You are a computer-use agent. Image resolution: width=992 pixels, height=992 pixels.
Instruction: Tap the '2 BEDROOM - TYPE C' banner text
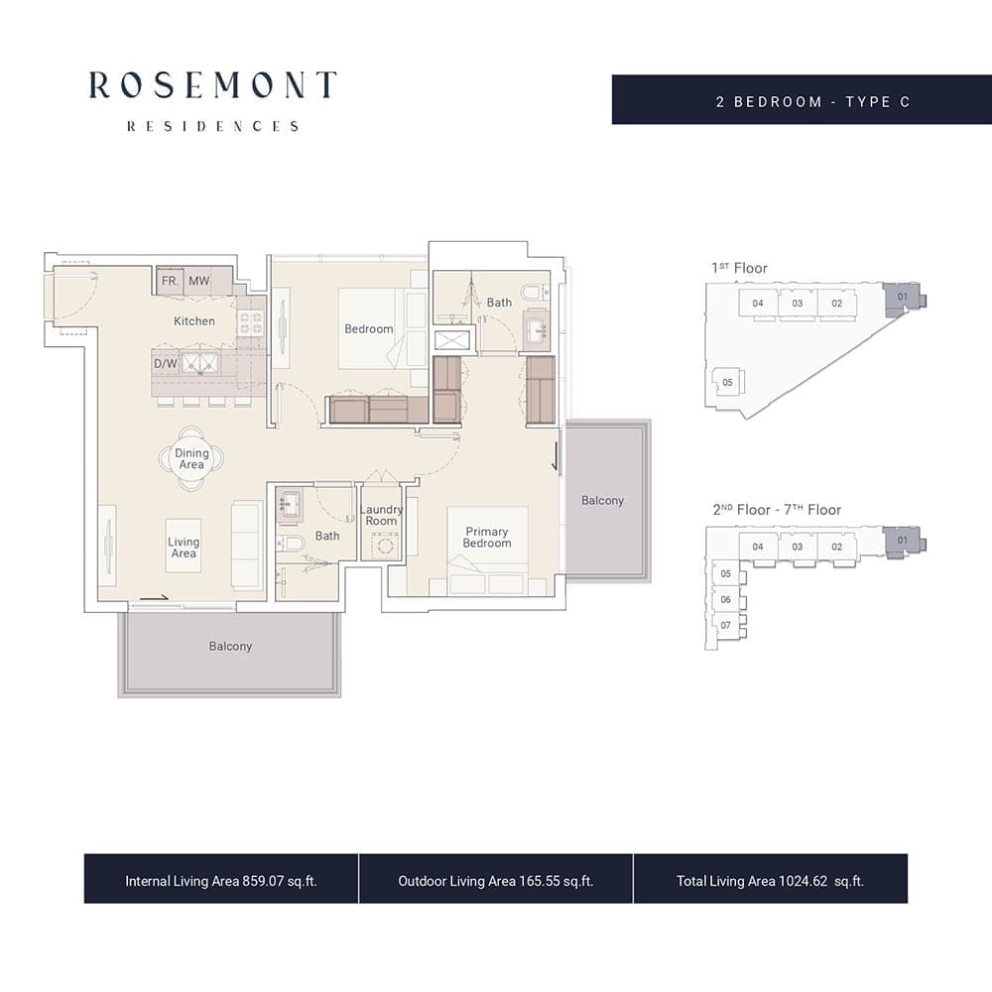pyautogui.click(x=813, y=102)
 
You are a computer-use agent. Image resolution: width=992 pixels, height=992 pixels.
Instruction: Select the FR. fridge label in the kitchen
pyautogui.click(x=171, y=281)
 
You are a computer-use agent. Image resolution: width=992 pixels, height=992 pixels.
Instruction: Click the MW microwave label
pyautogui.click(x=198, y=281)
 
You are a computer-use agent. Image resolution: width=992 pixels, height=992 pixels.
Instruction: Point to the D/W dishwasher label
pyautogui.click(x=165, y=364)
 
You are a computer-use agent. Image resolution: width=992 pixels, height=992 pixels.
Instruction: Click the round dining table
pyautogui.click(x=191, y=458)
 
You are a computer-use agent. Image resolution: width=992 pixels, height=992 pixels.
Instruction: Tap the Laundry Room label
pyautogui.click(x=381, y=515)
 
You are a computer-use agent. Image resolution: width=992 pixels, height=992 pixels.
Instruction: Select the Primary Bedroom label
pyautogui.click(x=486, y=537)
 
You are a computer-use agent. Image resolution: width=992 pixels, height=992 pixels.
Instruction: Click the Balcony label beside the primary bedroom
pyautogui.click(x=602, y=500)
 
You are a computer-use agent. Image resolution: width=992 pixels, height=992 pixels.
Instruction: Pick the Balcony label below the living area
pyautogui.click(x=230, y=646)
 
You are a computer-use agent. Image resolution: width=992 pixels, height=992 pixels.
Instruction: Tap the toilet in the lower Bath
pyautogui.click(x=291, y=543)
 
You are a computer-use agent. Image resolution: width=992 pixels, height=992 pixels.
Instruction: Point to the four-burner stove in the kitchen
pyautogui.click(x=251, y=323)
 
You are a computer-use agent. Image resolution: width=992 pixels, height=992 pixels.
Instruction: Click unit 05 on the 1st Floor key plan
pyautogui.click(x=727, y=382)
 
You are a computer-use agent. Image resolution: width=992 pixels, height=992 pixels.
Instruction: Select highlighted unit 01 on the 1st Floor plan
pyautogui.click(x=903, y=297)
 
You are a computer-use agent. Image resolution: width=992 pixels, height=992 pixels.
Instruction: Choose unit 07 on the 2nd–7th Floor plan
pyautogui.click(x=726, y=625)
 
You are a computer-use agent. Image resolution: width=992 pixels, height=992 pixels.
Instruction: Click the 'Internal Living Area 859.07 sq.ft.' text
pyautogui.click(x=221, y=881)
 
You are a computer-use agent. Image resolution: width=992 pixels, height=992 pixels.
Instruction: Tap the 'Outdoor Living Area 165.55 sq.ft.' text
pyautogui.click(x=495, y=881)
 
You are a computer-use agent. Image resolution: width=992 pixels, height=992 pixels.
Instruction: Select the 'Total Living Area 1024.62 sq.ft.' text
pyautogui.click(x=770, y=881)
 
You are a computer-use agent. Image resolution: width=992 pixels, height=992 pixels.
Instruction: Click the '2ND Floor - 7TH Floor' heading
pyautogui.click(x=777, y=509)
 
